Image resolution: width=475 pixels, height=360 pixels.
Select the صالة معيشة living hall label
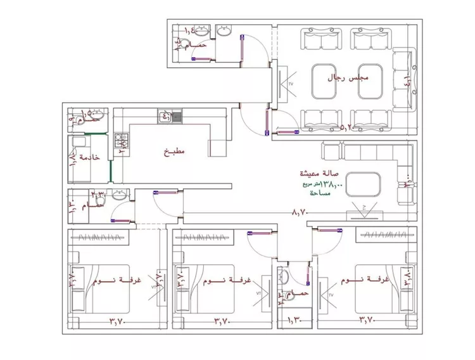tap(321, 173)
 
